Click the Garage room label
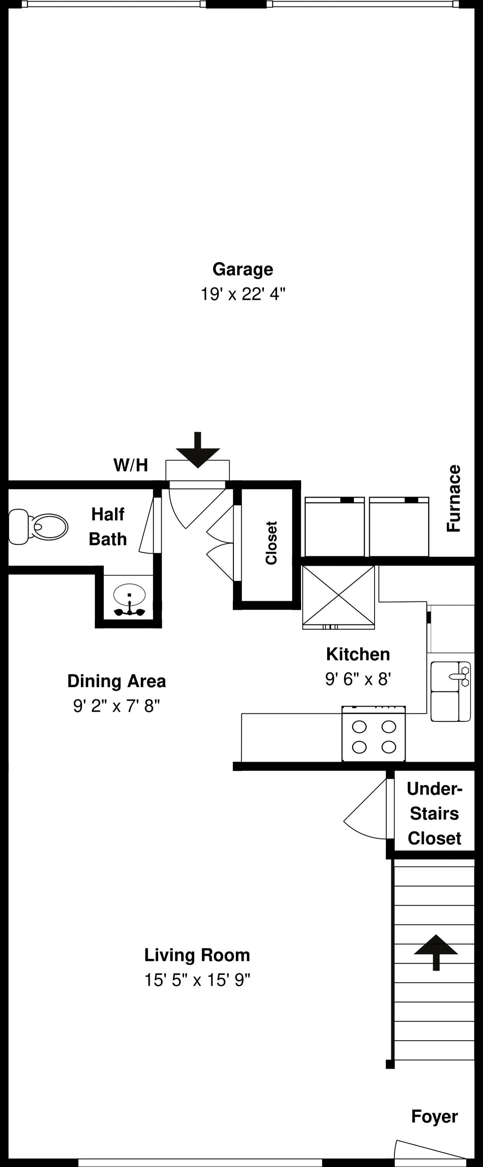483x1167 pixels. pyautogui.click(x=242, y=269)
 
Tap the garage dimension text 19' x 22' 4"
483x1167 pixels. pyautogui.click(x=242, y=294)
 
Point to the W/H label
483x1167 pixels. pyautogui.click(x=131, y=465)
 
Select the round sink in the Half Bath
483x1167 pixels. pyautogui.click(x=129, y=594)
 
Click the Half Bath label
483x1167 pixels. pyautogui.click(x=108, y=527)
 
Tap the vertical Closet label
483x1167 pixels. pyautogui.click(x=271, y=543)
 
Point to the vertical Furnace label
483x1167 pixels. pyautogui.click(x=453, y=498)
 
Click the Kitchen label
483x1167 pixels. pyautogui.click(x=357, y=654)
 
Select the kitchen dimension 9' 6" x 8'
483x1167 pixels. pyautogui.click(x=357, y=679)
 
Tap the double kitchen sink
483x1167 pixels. pyautogui.click(x=450, y=691)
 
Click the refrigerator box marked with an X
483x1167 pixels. pyautogui.click(x=338, y=595)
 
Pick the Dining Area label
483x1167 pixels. pyautogui.click(x=116, y=681)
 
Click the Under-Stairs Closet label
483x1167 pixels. pyautogui.click(x=434, y=814)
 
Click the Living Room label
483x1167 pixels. pyautogui.click(x=197, y=955)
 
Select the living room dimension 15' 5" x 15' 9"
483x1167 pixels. pyautogui.click(x=197, y=980)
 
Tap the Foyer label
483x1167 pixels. pyautogui.click(x=434, y=1116)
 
